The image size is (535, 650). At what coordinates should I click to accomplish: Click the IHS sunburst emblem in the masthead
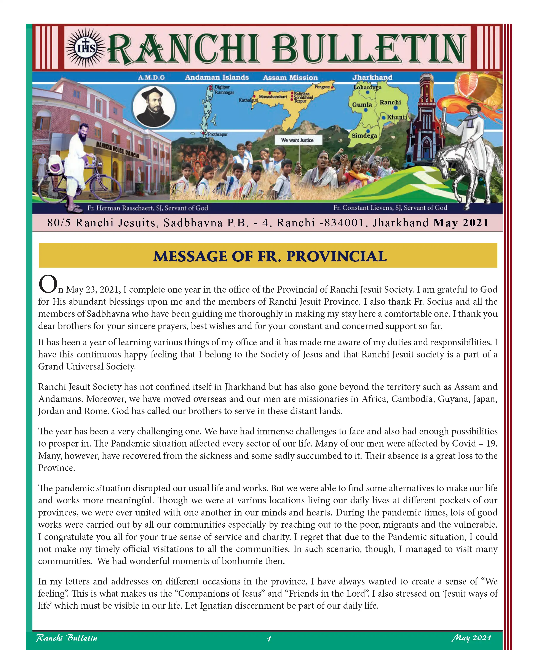click(x=85, y=48)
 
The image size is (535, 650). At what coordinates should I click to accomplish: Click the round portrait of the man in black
click(x=154, y=107)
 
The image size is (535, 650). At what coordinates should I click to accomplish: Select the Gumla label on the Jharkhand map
click(x=362, y=105)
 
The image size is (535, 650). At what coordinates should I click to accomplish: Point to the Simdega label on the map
click(x=364, y=136)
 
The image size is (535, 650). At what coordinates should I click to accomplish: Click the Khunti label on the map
click(x=397, y=117)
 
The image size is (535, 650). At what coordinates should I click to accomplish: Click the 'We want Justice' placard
click(x=297, y=140)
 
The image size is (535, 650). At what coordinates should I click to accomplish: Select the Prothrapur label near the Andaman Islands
click(x=218, y=134)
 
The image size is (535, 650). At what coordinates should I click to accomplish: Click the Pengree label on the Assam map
click(x=322, y=87)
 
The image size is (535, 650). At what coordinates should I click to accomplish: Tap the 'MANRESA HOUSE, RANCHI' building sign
click(x=118, y=149)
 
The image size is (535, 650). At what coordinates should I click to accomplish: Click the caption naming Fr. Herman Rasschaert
click(x=148, y=208)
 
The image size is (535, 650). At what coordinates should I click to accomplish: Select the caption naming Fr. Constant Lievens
click(x=390, y=208)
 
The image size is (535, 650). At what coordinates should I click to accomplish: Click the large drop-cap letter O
click(x=48, y=284)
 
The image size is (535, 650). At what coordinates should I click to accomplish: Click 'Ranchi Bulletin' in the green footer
click(x=67, y=638)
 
